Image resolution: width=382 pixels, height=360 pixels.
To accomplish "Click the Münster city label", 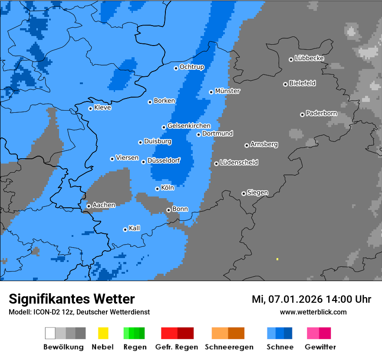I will coord(227,91).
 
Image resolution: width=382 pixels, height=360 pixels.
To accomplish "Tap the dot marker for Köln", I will coord(157,189).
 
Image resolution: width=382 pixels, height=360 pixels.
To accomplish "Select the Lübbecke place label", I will coord(309,58).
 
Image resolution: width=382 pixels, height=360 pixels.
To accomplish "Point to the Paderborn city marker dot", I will coord(302,115).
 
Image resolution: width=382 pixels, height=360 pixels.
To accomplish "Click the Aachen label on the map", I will coord(104,205).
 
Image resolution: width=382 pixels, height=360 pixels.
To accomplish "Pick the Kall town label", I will coord(135,228).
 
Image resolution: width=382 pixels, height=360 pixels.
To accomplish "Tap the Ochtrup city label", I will coord(192,67).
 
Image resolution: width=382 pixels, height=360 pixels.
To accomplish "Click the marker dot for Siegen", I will coord(244,193).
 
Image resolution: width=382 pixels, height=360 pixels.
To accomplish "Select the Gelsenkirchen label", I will coord(189,126).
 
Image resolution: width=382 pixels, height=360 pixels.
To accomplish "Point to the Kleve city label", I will coord(102,108).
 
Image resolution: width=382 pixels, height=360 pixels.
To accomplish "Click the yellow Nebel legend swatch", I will coord(103,333).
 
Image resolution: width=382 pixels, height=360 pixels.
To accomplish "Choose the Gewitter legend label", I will coord(320,347).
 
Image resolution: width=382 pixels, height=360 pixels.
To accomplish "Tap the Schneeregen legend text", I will coord(229,347).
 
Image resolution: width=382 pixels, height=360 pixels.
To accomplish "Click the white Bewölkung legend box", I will coord(50,333).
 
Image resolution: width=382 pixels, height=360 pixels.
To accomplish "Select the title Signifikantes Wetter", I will coord(72,299).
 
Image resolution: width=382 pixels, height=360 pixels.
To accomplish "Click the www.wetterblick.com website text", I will coord(313,312).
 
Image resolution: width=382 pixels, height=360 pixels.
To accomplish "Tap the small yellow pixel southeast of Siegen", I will coord(277,259).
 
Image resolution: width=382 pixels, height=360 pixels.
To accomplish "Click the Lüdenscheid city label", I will coord(239,163).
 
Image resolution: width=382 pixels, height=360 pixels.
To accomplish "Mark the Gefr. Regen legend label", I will coord(177,347).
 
